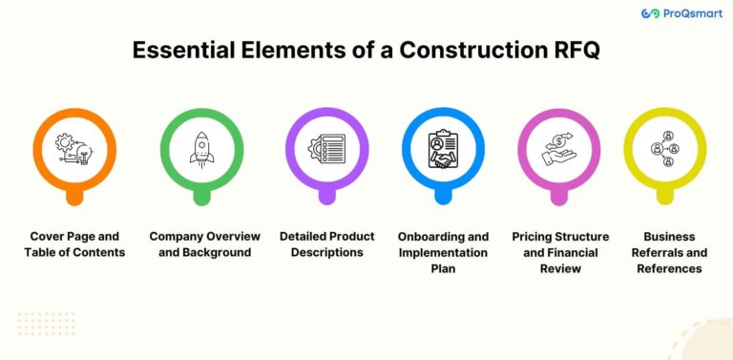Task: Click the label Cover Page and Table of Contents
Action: click(75, 244)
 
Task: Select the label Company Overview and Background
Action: click(199, 244)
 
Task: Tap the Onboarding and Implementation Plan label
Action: click(443, 252)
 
